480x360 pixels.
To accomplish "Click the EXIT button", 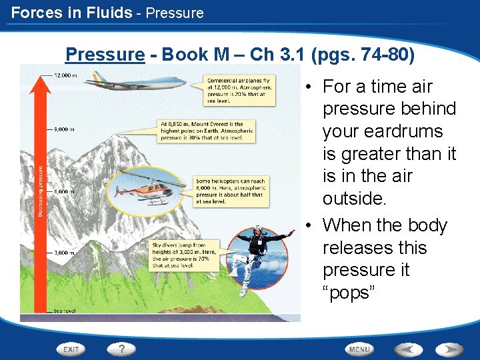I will pos(71,349).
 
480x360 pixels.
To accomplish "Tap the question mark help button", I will pos(121,349).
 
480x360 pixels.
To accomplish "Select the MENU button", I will pos(360,349).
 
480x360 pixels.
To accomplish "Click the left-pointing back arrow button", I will pos(408,349).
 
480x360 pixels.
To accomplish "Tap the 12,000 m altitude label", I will pos(64,75).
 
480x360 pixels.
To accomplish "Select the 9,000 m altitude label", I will pos(64,130).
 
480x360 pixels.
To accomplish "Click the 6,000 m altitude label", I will pos(64,191).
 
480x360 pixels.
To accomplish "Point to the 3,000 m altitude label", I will pos(64,253).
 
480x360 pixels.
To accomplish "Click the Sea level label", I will pos(65,311).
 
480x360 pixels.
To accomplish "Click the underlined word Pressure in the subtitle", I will pos(105,54).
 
